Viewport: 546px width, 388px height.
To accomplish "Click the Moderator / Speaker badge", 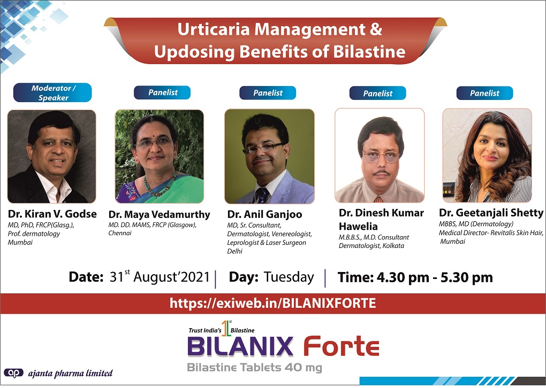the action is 52,92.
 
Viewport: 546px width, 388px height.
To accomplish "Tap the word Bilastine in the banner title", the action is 369,52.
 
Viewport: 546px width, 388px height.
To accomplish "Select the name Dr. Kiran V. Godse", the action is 52,214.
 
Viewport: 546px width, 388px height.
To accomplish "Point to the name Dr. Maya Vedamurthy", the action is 159,214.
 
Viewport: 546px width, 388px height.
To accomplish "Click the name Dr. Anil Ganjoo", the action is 264,214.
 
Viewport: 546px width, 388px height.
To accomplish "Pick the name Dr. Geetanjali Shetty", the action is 491,213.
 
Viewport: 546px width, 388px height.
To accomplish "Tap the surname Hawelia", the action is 358,227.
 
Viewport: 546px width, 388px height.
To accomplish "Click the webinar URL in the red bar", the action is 272,303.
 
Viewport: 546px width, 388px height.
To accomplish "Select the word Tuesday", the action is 289,277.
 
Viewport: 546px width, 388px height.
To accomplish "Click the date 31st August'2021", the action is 160,277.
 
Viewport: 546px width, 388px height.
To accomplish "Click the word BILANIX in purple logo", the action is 240,346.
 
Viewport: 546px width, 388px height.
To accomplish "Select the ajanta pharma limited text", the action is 70,374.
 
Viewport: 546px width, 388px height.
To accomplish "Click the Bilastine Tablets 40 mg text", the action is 255,367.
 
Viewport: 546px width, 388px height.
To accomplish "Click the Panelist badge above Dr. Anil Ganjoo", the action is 268,93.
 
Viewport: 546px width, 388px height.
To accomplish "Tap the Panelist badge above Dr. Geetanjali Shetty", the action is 485,93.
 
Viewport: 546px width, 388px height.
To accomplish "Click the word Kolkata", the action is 393,245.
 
